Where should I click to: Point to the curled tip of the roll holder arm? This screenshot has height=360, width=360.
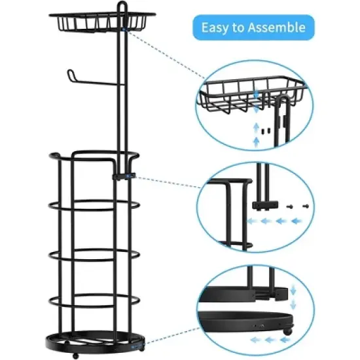point(69,75)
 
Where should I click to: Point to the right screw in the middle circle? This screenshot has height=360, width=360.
point(305,204)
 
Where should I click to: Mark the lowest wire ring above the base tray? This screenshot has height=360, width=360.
point(93,302)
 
